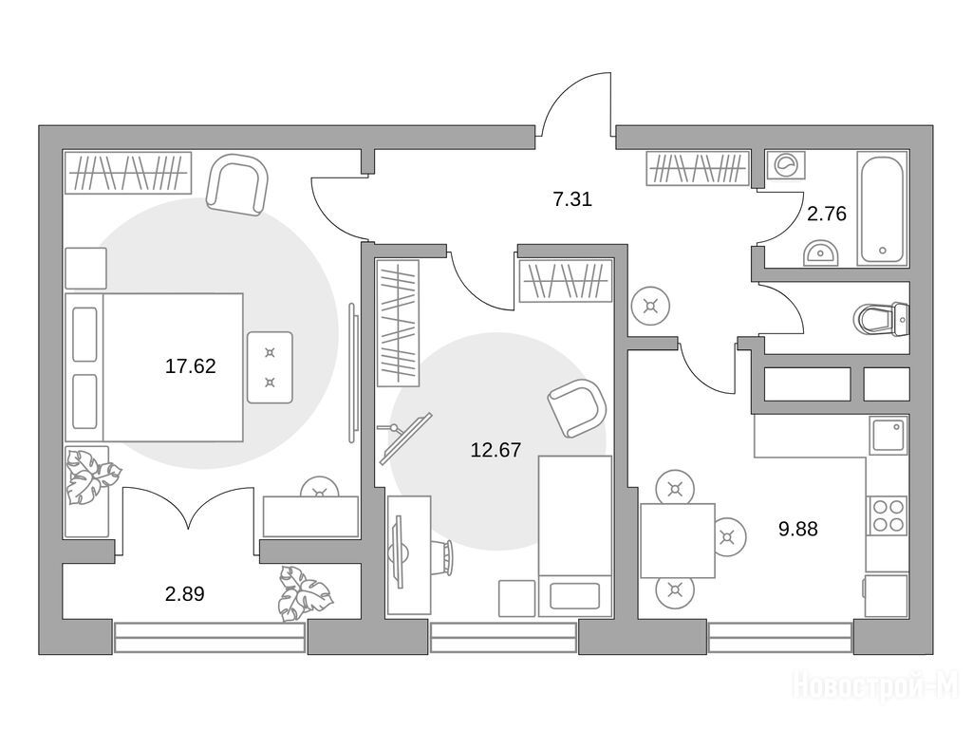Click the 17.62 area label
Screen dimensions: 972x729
(190, 366)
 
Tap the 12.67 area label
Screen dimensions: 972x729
(495, 450)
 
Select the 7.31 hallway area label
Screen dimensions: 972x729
(572, 199)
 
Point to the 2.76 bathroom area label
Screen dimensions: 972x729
(827, 214)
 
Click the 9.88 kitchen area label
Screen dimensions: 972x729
(797, 530)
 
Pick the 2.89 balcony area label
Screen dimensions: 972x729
(185, 594)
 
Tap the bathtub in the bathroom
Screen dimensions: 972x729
(883, 208)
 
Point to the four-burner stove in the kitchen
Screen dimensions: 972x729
(888, 515)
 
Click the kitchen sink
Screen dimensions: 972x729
(888, 436)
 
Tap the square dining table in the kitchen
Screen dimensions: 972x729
(678, 540)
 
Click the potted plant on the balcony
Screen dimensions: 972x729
(305, 592)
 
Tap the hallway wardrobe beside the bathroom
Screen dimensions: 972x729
(697, 168)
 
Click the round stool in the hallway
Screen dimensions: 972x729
(650, 306)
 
